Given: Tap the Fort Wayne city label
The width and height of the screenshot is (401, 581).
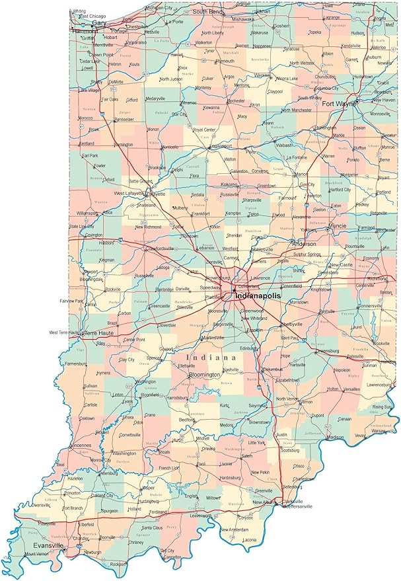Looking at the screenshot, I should tap(339, 103).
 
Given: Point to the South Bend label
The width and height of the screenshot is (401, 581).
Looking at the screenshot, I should tap(207, 12).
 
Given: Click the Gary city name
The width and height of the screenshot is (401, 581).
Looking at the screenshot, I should tap(99, 22).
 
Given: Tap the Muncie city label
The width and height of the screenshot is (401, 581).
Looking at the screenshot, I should tap(337, 225).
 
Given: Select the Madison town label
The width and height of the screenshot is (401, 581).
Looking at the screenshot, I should tap(335, 437).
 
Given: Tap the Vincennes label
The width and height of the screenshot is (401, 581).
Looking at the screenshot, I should tap(79, 445).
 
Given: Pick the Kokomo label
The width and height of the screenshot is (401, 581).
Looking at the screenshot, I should tap(230, 184).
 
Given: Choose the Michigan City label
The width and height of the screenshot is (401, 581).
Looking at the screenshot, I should tap(159, 7).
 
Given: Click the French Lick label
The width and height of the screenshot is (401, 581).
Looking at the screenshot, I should tap(168, 468).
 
